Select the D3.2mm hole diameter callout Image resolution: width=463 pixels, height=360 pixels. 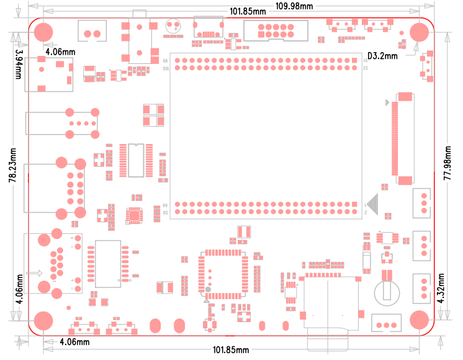pyautogui.click(x=382, y=56)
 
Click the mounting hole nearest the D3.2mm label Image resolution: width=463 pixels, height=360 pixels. pyautogui.click(x=420, y=33)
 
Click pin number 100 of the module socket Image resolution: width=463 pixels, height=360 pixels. pyautogui.click(x=166, y=68)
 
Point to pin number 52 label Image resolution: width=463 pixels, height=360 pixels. pyautogui.click(x=366, y=68)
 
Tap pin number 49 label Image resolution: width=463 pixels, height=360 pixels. pyautogui.click(x=166, y=205)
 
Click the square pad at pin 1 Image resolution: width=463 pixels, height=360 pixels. pyautogui.click(x=357, y=204)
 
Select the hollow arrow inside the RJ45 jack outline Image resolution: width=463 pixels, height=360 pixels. pyautogui.click(x=35, y=273)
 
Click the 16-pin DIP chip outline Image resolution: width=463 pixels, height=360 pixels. pyautogui.click(x=136, y=160)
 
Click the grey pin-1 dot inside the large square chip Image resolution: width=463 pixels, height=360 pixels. pyautogui.click(x=209, y=290)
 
